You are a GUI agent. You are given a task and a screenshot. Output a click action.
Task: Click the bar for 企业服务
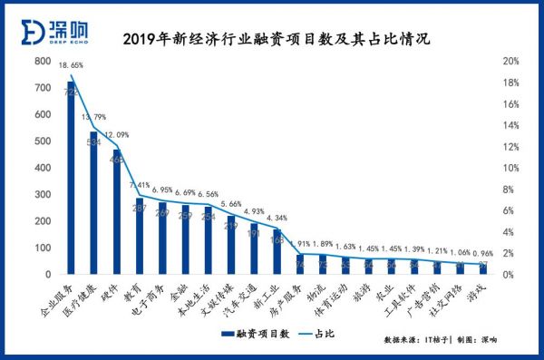pyautogui.click(x=71, y=181)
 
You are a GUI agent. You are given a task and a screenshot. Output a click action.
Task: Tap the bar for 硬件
pyautogui.click(x=117, y=213)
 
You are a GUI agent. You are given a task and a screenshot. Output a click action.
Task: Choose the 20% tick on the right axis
pyautogui.click(x=510, y=62)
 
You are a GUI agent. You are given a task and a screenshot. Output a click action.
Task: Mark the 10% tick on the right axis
pyautogui.click(x=510, y=168)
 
